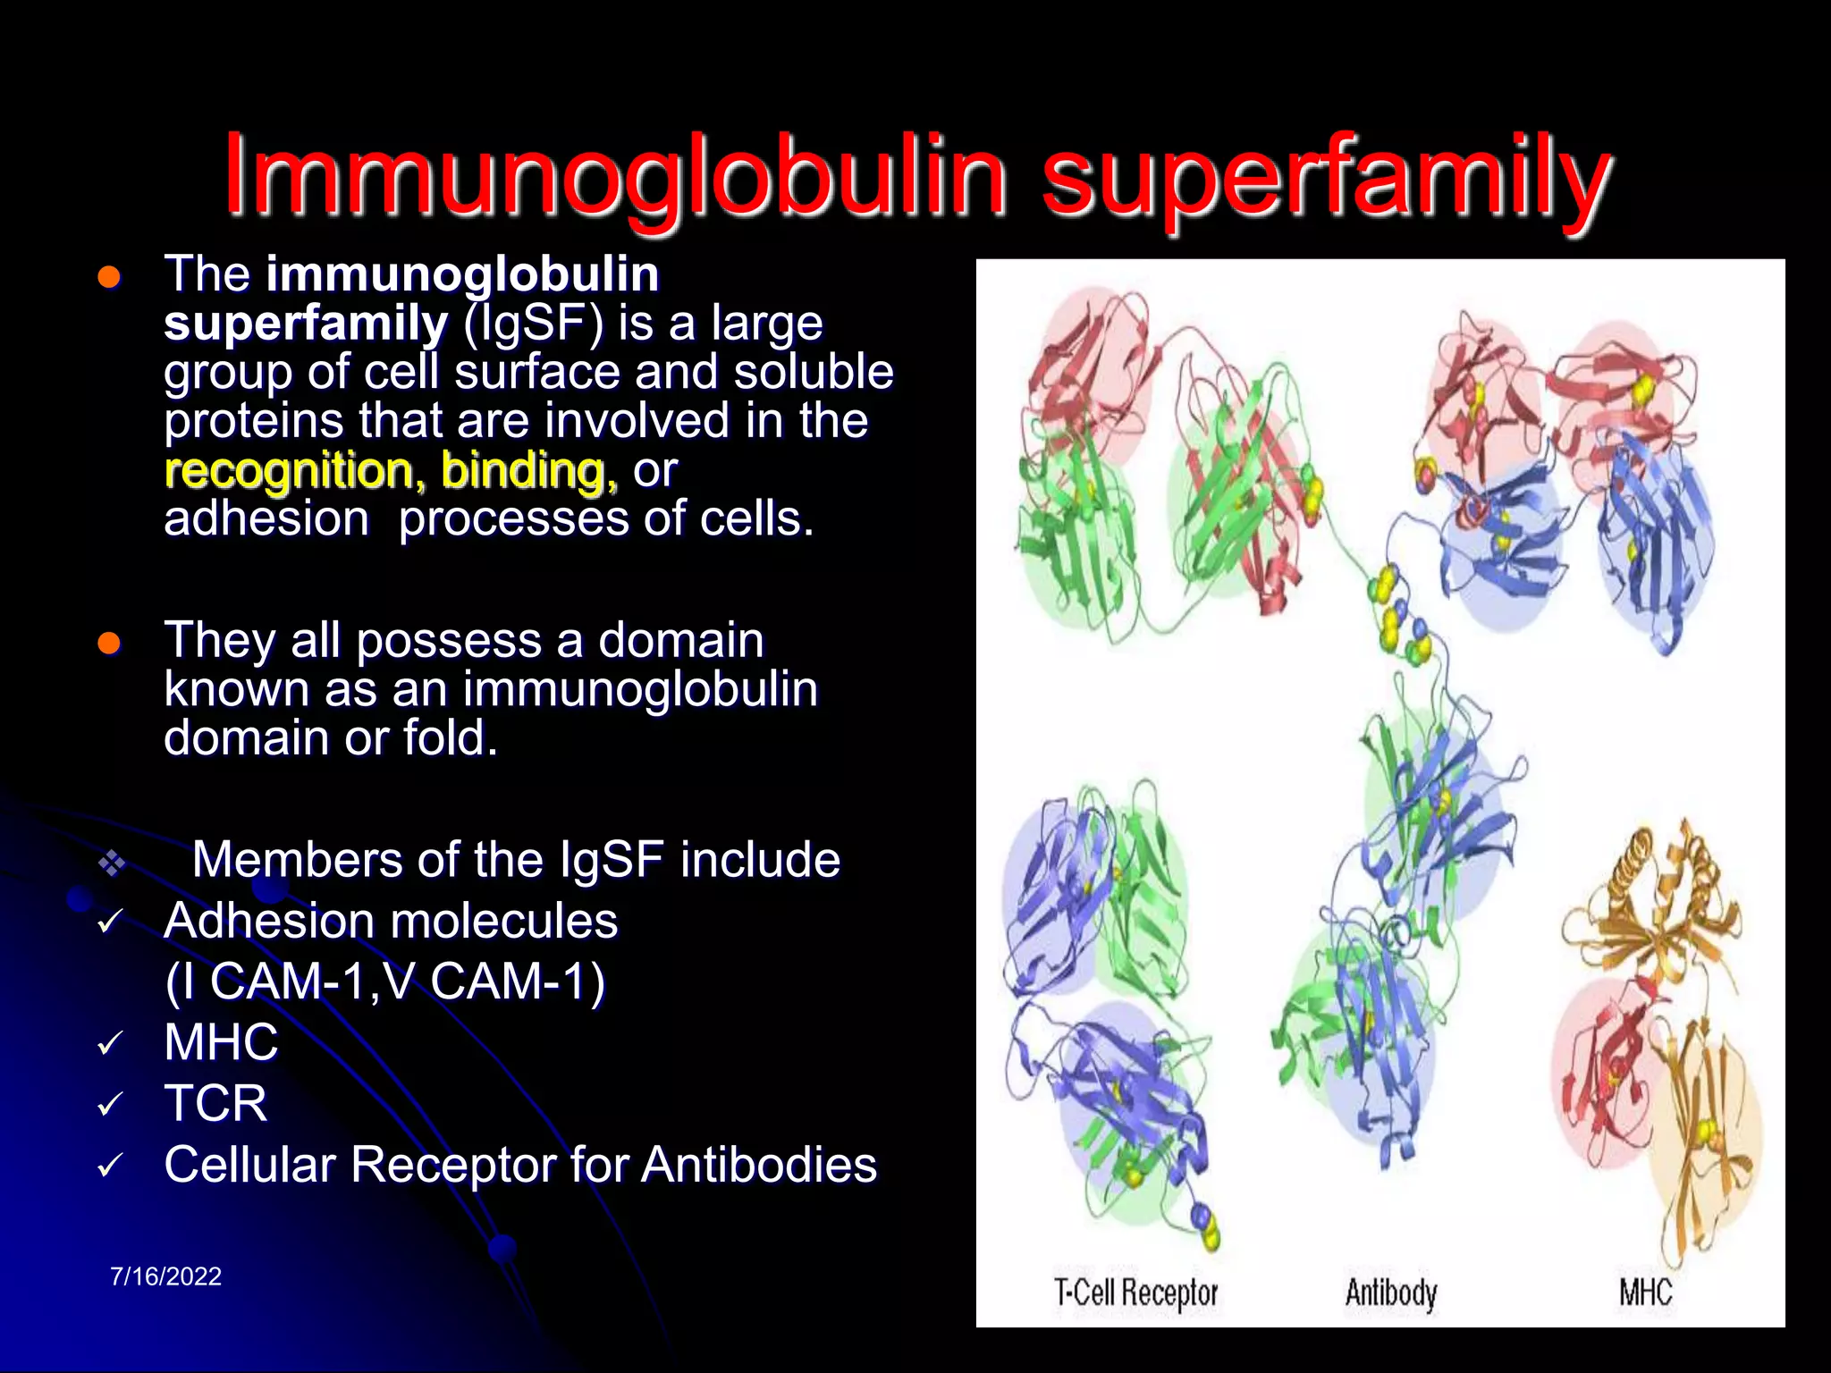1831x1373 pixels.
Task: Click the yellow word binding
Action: pos(528,470)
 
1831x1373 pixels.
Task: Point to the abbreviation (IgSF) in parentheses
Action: pos(533,323)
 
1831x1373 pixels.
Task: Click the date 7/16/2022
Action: pos(165,1276)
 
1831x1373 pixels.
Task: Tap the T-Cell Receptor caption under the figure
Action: pos(1135,1293)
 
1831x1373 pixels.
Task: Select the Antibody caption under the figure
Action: pos(1391,1293)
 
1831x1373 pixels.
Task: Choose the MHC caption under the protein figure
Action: pos(1645,1293)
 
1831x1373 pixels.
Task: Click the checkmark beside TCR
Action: pos(110,1105)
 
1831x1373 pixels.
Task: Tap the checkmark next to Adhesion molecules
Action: pos(110,922)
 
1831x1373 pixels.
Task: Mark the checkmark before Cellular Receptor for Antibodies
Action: pos(110,1166)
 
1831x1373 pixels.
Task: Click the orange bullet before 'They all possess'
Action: pos(109,643)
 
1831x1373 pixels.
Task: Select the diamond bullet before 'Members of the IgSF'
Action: pos(111,863)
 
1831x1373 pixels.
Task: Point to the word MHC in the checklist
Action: pos(221,1042)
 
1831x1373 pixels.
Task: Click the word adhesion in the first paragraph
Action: pos(266,519)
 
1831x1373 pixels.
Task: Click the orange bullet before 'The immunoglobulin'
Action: pos(109,277)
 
